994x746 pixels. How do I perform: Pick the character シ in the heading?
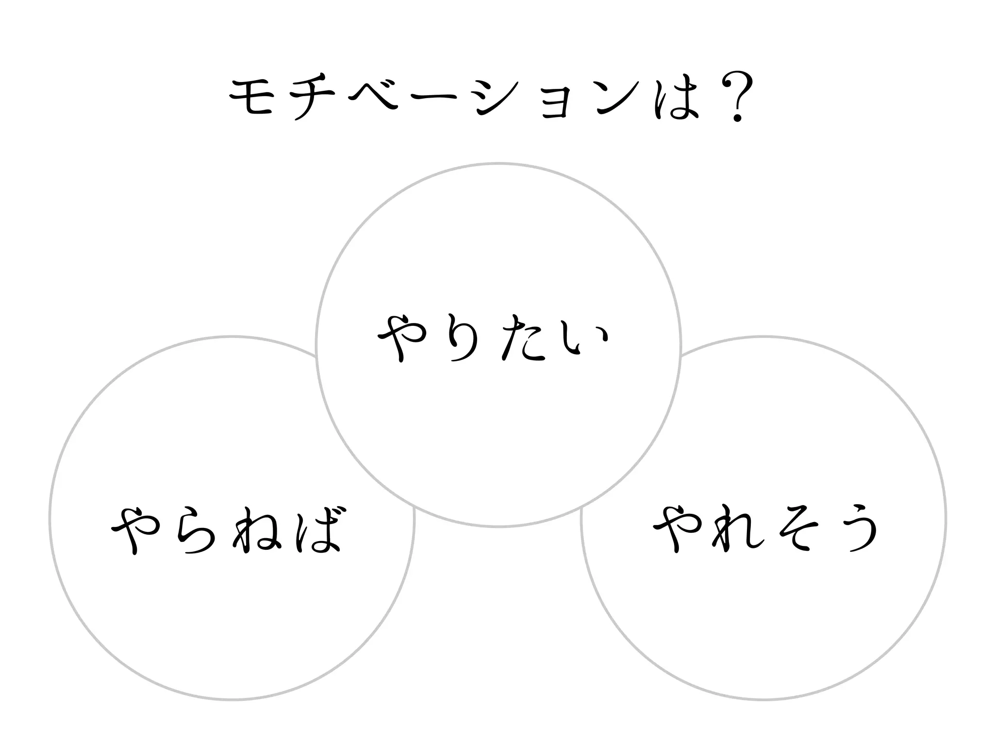pos(495,97)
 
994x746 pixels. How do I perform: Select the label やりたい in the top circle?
pos(493,338)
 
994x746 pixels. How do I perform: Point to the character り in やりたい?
pos(461,338)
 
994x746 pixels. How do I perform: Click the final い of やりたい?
pos(582,338)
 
